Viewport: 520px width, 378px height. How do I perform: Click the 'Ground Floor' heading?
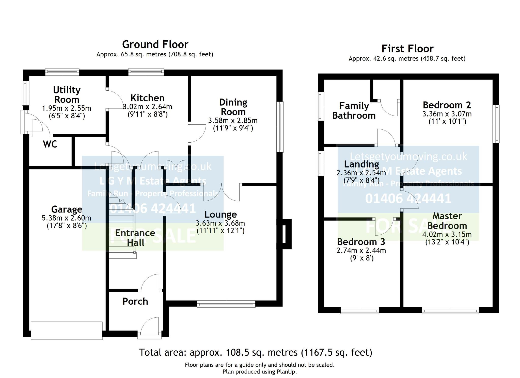155,45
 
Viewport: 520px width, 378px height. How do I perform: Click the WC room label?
50,144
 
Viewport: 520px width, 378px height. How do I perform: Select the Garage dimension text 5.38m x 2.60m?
66,218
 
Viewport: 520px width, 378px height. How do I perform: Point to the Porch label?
135,301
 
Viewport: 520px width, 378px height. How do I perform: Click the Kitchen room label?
147,98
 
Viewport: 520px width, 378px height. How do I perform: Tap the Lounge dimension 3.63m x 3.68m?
220,223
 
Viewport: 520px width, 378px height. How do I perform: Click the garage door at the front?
67,330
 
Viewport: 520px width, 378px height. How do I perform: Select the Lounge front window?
226,304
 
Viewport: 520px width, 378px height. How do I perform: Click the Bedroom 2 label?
447,105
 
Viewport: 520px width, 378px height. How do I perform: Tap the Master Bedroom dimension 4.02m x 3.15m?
447,234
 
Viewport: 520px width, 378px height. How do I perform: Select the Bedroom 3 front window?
359,310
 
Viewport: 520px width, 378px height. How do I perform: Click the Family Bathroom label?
354,111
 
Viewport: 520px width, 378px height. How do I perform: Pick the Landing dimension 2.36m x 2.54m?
361,173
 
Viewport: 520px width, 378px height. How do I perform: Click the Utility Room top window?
62,72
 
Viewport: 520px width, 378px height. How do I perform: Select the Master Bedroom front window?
450,310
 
